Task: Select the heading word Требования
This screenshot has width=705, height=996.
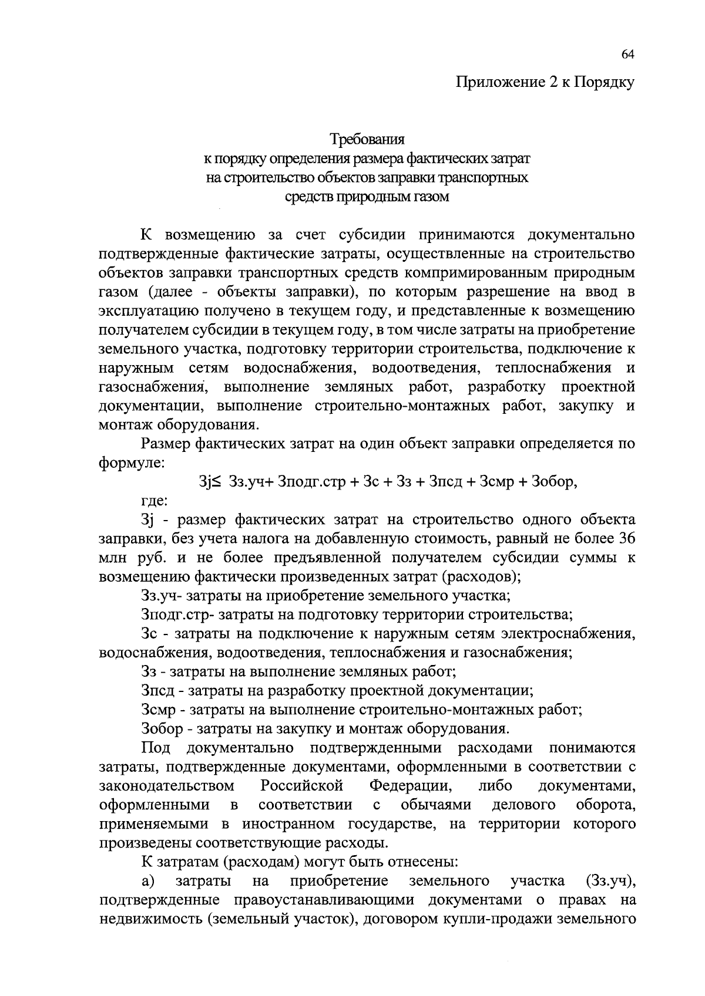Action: click(367, 140)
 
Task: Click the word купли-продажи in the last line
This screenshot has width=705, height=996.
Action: click(505, 919)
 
